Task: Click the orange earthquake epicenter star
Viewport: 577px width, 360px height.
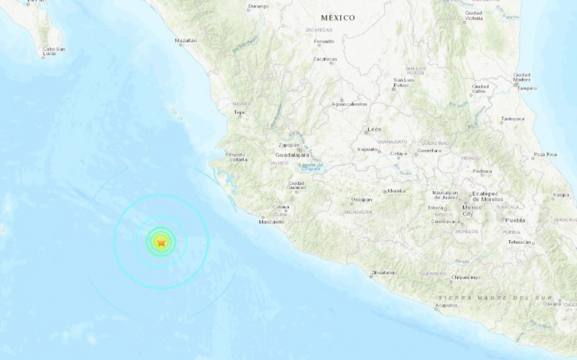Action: (162, 242)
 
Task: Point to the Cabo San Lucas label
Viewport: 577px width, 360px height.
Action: (54, 51)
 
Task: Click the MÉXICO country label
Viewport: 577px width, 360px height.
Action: (339, 18)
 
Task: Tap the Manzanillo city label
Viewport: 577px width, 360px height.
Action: (271, 222)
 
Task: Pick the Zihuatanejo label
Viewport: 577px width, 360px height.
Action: (385, 274)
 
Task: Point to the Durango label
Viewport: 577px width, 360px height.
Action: (258, 7)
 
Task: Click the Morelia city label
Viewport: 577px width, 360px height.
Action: (396, 191)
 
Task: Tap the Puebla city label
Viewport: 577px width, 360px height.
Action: (515, 220)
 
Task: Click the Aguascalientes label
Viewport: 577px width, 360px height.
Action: (349, 104)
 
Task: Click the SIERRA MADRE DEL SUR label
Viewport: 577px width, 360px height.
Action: (493, 298)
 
